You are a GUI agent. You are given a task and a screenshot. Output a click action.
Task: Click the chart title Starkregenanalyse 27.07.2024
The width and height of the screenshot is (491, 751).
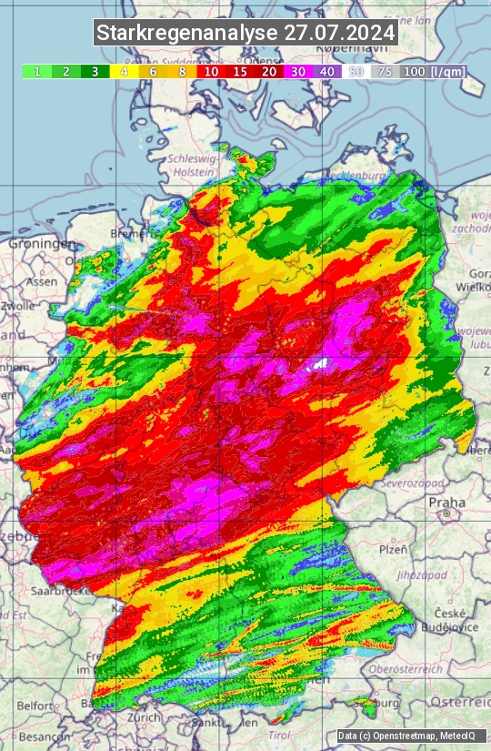(245, 33)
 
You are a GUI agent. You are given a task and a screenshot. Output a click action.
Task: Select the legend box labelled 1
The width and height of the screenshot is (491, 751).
(36, 71)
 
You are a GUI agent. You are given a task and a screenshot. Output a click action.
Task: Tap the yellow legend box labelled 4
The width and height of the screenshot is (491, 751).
(123, 71)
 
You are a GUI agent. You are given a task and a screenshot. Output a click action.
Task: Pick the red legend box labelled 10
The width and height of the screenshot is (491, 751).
(211, 71)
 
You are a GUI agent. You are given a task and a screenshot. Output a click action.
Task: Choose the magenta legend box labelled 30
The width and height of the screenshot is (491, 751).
(298, 71)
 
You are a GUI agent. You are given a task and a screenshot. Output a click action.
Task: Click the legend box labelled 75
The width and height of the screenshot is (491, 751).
(386, 71)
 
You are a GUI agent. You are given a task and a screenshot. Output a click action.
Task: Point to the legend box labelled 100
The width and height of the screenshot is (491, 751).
(415, 71)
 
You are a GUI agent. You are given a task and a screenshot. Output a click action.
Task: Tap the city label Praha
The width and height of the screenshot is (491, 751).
(446, 502)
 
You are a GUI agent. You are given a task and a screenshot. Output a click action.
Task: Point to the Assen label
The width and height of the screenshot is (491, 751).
(41, 282)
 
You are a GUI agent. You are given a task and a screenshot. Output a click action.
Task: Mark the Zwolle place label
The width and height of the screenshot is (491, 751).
(17, 306)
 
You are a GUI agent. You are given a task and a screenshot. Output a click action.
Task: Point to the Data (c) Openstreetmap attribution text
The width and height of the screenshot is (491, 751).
(398, 736)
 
